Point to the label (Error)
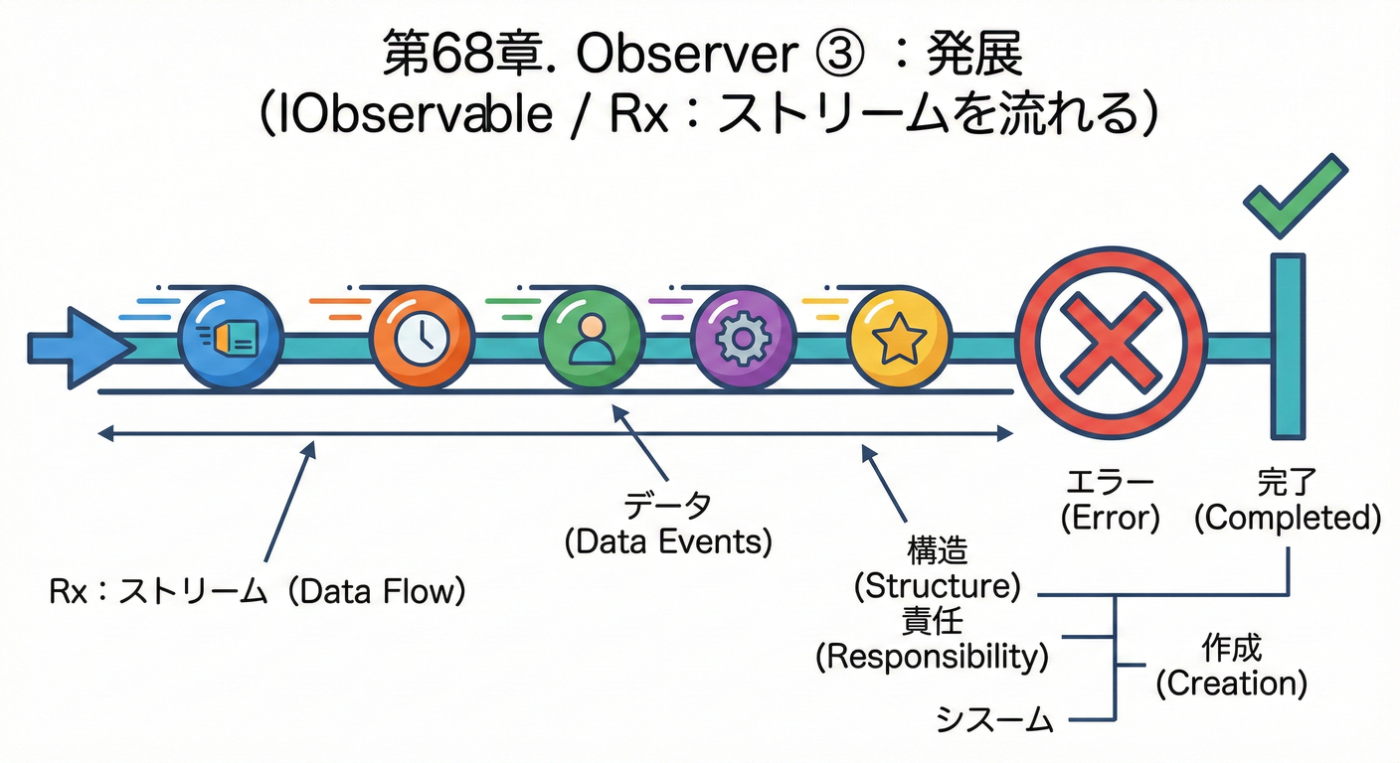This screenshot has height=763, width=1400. tap(1110, 519)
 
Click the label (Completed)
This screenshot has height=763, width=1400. tap(1288, 519)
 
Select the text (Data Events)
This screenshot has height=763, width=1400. tap(667, 542)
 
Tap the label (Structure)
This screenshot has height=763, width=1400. tap(938, 586)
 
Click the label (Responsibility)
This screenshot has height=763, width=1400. tap(932, 657)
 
